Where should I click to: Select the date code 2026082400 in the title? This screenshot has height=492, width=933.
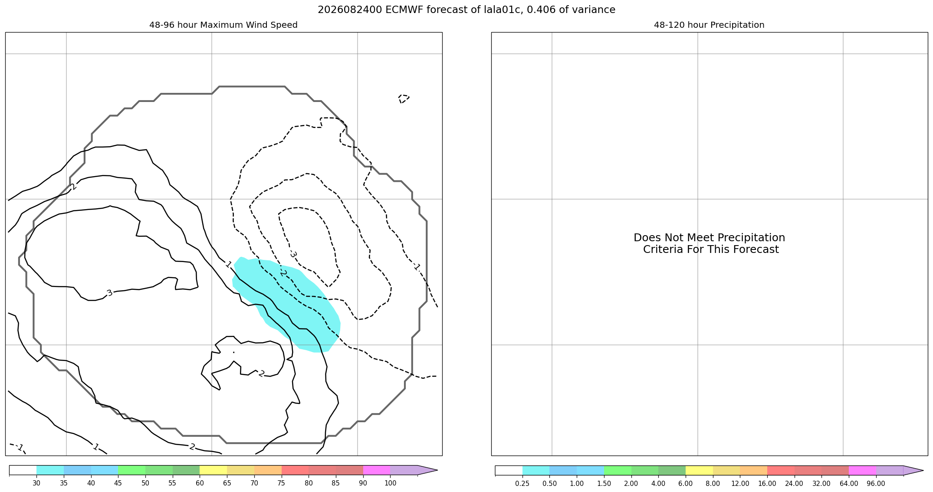click(350, 10)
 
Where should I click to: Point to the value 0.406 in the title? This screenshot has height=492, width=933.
click(541, 10)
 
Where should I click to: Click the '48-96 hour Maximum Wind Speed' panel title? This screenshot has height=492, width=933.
click(223, 25)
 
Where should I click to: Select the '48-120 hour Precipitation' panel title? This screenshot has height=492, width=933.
click(709, 25)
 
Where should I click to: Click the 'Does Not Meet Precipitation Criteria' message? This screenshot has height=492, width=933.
click(710, 243)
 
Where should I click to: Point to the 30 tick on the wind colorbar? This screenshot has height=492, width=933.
click(36, 483)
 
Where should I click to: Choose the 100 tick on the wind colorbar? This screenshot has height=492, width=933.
click(391, 483)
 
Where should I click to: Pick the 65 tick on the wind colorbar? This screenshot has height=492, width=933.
click(227, 483)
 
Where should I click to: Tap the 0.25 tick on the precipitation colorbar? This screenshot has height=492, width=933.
click(522, 483)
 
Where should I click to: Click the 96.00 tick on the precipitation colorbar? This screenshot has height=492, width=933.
click(876, 483)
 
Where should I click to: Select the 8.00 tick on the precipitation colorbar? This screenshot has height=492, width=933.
click(713, 483)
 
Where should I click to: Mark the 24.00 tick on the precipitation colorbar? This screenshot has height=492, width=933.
click(794, 483)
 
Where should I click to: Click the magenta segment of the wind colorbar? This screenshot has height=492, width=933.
click(377, 470)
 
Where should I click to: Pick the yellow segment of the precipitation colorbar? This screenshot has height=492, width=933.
click(699, 470)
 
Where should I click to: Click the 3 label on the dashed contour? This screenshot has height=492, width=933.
click(293, 254)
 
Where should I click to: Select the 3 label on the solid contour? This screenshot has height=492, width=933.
click(109, 293)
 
